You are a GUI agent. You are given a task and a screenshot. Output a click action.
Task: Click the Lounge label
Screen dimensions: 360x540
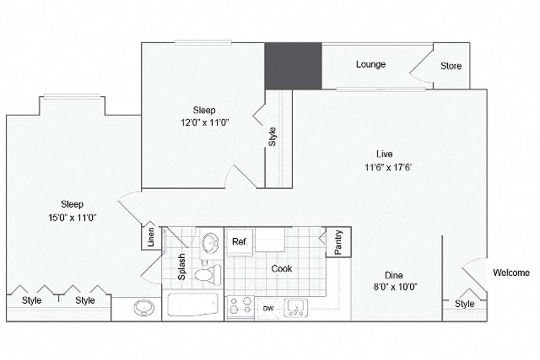pyautogui.click(x=370, y=64)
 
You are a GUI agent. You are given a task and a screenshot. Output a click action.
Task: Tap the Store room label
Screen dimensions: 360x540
pyautogui.click(x=451, y=66)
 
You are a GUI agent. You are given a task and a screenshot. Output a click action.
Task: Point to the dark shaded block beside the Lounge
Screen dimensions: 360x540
pyautogui.click(x=293, y=66)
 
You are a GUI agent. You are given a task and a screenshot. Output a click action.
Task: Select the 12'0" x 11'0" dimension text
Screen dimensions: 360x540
pyautogui.click(x=204, y=122)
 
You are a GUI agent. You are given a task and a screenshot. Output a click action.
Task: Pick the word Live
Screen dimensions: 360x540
pyautogui.click(x=384, y=154)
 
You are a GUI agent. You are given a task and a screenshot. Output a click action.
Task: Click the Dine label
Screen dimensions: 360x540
pyautogui.click(x=393, y=275)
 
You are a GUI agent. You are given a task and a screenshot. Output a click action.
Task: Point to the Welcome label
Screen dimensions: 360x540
pyautogui.click(x=511, y=273)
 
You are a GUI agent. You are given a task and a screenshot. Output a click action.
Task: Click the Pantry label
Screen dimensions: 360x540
pyautogui.click(x=339, y=242)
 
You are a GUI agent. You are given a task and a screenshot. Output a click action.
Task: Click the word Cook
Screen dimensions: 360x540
pyautogui.click(x=282, y=269)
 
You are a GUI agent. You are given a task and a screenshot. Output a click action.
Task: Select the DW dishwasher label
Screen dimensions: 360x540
pyautogui.click(x=267, y=308)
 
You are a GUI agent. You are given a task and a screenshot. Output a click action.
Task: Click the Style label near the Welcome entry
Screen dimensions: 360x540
pyautogui.click(x=464, y=304)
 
